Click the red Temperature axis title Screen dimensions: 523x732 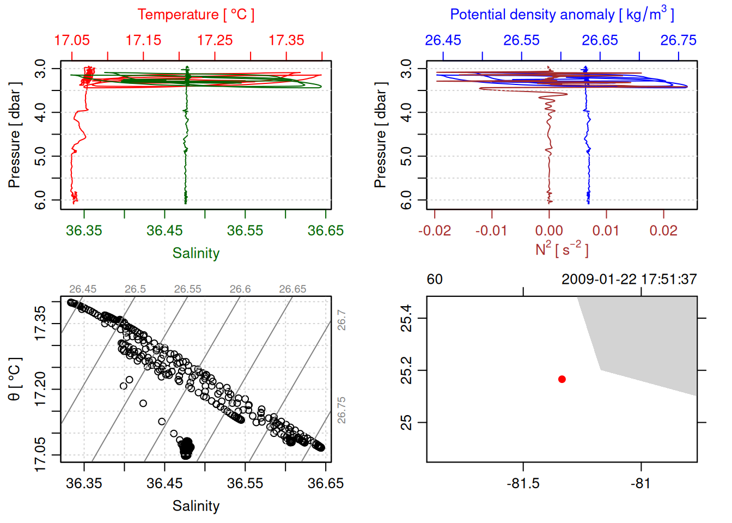(196, 15)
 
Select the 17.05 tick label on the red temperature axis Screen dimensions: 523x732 (72, 40)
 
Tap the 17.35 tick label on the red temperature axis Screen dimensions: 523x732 (286, 40)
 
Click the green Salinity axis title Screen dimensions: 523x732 (196, 253)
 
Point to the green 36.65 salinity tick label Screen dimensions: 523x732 (325, 230)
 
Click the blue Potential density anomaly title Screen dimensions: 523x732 (562, 15)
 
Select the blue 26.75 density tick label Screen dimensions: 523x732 (678, 40)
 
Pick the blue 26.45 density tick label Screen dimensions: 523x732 (443, 40)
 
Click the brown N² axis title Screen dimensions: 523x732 (562, 250)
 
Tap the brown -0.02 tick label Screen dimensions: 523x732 (434, 230)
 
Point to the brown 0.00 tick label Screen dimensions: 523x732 (549, 230)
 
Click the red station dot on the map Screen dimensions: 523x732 (562, 379)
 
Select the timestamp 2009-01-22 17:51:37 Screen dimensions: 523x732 (629, 279)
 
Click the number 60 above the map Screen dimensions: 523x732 (435, 279)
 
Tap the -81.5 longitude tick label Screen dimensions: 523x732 (523, 483)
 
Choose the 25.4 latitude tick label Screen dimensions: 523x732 (406, 318)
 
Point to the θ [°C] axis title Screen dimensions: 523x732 (15, 379)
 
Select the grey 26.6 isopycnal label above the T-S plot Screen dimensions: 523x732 (240, 289)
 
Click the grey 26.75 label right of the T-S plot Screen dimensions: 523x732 (341, 410)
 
